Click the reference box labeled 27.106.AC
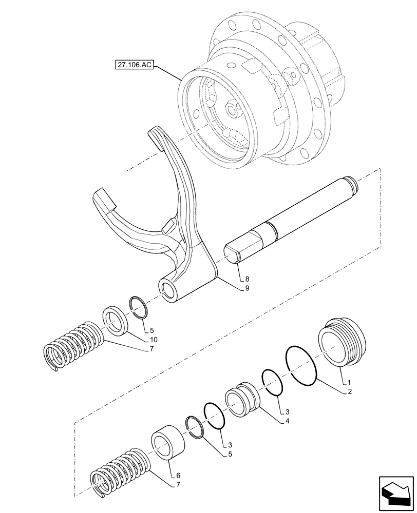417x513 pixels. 134,66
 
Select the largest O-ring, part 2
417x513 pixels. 301,365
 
